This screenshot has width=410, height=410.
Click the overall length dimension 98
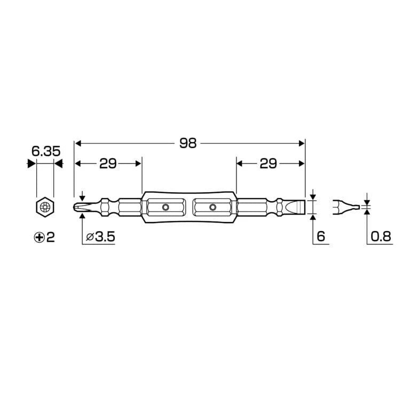coord(188,143)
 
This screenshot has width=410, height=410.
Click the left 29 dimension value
coord(108,164)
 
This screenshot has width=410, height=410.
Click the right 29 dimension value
coord(268,164)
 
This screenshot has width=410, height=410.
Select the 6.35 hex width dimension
coord(45,151)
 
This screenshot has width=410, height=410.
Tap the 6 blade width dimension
coord(320,236)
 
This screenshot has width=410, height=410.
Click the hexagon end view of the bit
coord(45,206)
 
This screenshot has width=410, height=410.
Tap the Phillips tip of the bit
coord(80,206)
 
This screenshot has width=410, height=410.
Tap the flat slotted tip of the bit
coord(296,206)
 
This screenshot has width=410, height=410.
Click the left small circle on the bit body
coord(165,207)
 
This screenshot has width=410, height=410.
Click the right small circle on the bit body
coord(213,207)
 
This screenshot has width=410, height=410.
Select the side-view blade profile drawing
coord(345,207)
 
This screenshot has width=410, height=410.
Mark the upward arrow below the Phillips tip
coord(82,216)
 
